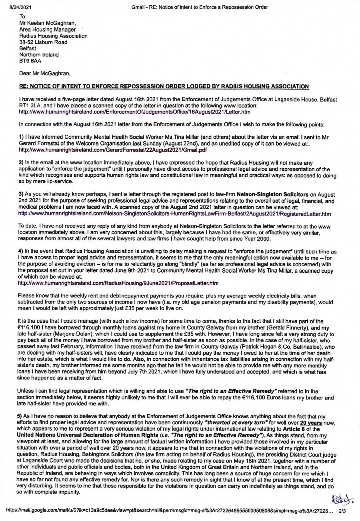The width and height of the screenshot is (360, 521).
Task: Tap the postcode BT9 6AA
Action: pyautogui.click(x=30, y=61)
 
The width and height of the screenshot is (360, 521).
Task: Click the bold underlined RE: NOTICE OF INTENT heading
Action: pyautogui.click(x=164, y=87)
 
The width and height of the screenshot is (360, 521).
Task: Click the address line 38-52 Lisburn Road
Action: pyautogui.click(x=43, y=42)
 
